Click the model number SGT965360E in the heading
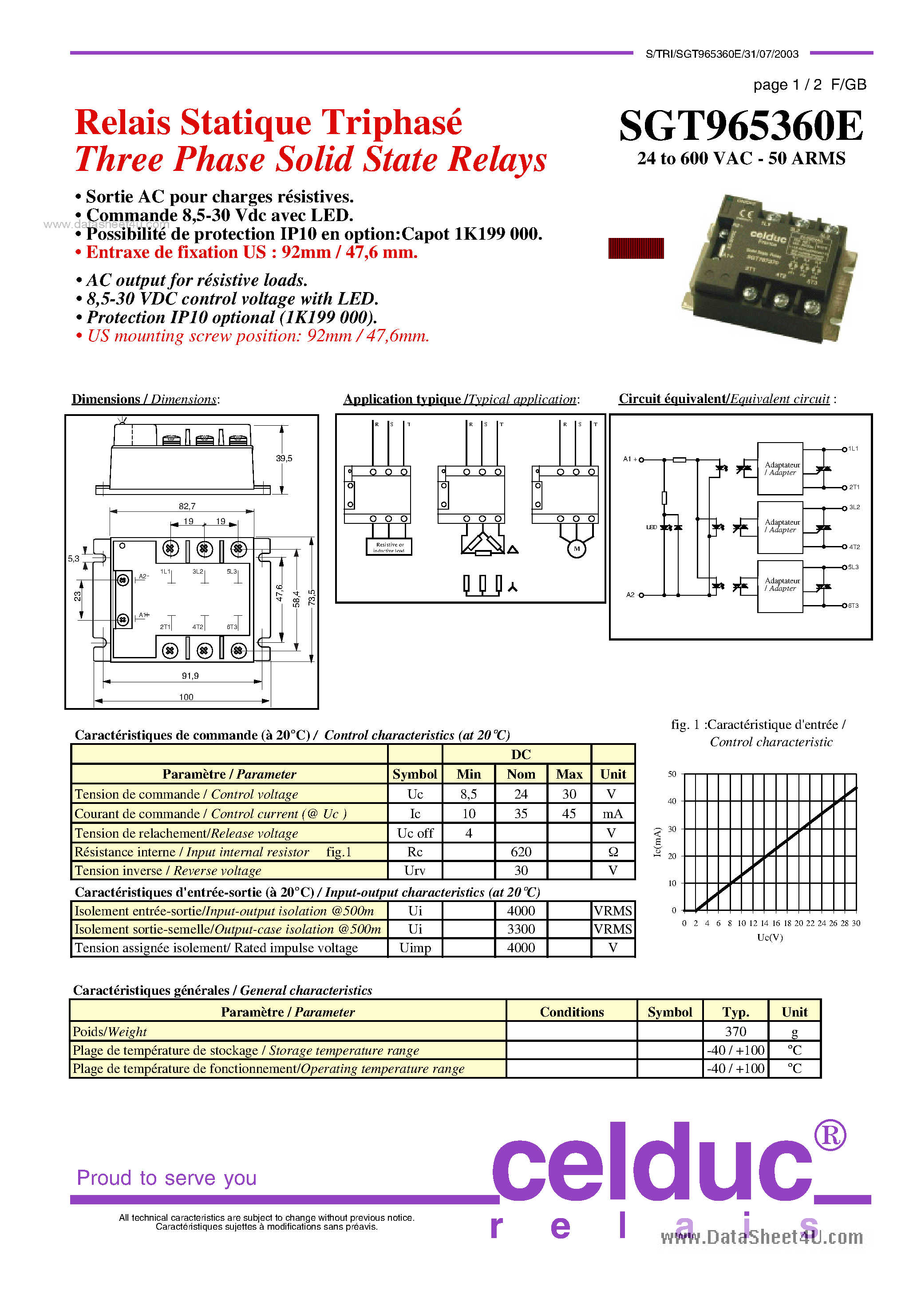point(741,126)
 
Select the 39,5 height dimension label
point(284,459)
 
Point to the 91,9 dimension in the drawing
point(190,676)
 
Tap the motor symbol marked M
point(577,548)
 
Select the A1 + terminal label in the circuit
point(630,459)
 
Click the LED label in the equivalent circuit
point(651,527)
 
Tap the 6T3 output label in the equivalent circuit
point(853,605)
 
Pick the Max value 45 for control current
point(569,814)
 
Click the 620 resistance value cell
point(521,852)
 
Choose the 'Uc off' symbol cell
point(415,833)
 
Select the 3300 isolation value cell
point(521,929)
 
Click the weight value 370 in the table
point(735,1032)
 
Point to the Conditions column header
point(572,1012)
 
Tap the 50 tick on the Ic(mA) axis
point(672,774)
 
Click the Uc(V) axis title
point(770,937)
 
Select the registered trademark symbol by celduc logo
point(830,1135)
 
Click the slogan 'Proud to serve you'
point(167,1178)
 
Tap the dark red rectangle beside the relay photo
point(636,248)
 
